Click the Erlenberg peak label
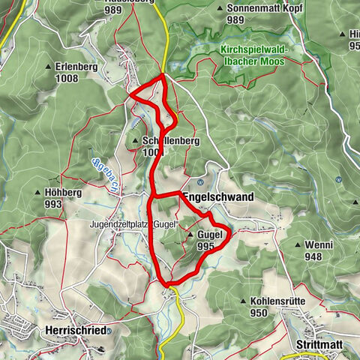click(77, 66)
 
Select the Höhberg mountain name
click(58, 193)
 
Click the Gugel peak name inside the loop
click(211, 235)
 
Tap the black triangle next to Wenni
click(299, 244)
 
